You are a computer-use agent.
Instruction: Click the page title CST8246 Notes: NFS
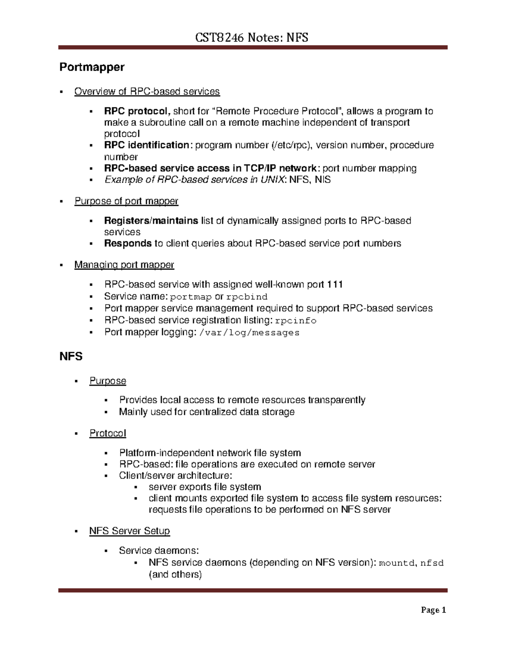[251, 38]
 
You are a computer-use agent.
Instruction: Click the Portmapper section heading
[92, 67]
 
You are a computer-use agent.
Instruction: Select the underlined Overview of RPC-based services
[147, 92]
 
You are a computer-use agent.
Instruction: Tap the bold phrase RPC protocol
[136, 111]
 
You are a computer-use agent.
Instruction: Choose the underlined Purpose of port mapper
[126, 201]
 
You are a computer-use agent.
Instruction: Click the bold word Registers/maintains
[151, 221]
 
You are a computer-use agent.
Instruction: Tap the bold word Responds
[128, 243]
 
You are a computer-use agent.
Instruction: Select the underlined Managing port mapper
[124, 265]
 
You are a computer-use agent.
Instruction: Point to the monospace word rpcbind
[247, 297]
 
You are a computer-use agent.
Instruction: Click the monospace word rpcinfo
[295, 321]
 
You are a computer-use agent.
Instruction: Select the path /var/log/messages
[249, 333]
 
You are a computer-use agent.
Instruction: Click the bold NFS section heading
[71, 356]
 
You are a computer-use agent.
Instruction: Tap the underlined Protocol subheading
[108, 434]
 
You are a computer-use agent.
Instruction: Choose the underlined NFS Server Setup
[129, 531]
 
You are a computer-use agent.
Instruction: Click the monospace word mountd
[397, 563]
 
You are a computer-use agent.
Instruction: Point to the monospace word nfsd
[432, 563]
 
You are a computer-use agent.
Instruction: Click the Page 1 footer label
[433, 610]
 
